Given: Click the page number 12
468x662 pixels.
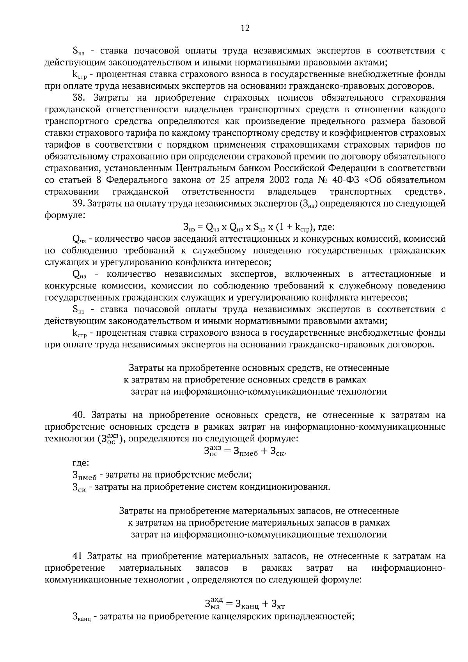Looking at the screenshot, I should coord(245,28).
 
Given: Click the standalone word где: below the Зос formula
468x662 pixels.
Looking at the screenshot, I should coord(81,463).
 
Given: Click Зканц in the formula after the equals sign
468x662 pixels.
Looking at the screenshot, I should coord(244,605).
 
